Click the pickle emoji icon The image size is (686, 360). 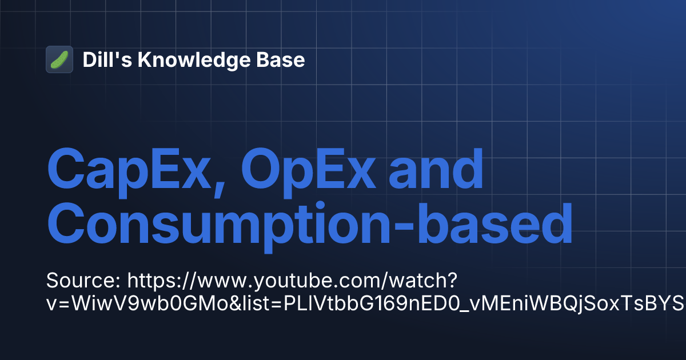59,59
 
